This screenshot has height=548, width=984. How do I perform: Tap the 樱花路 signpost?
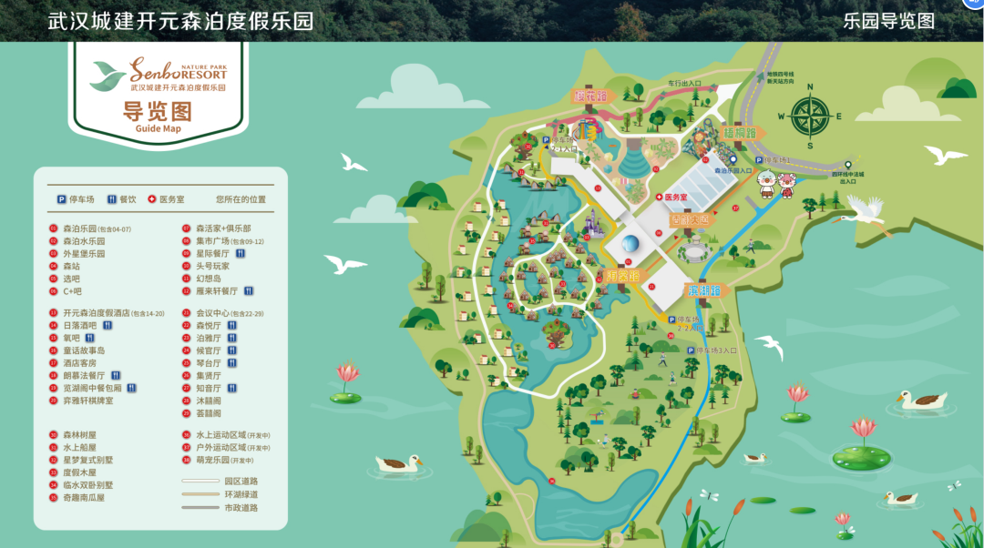(589, 95)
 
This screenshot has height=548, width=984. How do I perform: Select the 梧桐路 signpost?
(740, 133)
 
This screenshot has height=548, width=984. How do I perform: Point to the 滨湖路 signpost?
(702, 290)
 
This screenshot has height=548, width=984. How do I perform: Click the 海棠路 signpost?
(623, 275)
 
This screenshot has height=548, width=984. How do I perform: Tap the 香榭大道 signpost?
(689, 220)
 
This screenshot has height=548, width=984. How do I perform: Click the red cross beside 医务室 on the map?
(659, 198)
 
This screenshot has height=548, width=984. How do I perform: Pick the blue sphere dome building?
(630, 244)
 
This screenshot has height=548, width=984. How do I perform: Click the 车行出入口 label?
(683, 83)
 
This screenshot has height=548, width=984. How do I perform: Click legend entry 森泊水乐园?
(84, 241)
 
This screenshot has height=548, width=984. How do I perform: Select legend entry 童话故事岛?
(84, 350)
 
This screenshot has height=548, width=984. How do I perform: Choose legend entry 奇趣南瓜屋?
(84, 498)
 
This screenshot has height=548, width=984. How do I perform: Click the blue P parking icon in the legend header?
(62, 199)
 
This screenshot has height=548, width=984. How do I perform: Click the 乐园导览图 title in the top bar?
(888, 21)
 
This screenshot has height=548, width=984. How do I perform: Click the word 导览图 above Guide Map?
(158, 111)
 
